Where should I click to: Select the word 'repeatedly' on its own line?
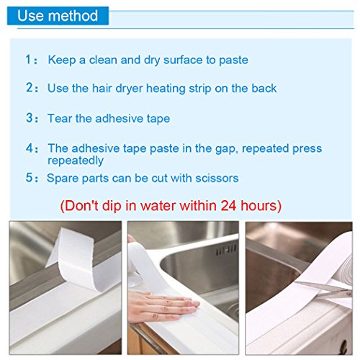(x=76, y=161)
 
